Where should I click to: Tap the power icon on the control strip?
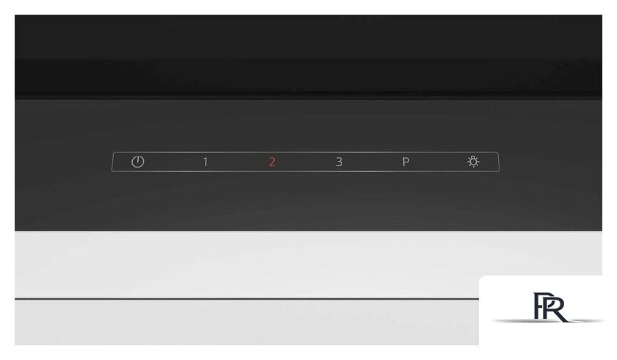(x=138, y=162)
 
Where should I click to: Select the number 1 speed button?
(x=205, y=162)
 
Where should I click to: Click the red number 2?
(x=272, y=162)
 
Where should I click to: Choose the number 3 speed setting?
(x=339, y=162)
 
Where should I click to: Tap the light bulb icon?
(x=473, y=162)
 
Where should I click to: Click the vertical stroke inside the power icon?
(x=138, y=159)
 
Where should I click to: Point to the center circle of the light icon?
(x=473, y=162)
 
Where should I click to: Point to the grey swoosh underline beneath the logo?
(x=548, y=321)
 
